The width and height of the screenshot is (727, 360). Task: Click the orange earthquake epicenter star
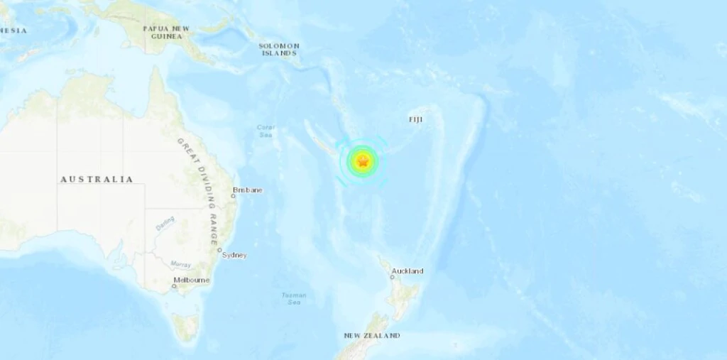coord(362,162)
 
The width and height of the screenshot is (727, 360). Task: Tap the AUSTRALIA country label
coord(96,180)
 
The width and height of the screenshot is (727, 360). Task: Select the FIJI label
coord(415,119)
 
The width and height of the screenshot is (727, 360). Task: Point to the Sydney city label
coord(235,255)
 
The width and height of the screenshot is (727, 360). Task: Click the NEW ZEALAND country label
coord(371,335)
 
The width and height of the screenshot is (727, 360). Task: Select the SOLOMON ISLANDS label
coord(279,49)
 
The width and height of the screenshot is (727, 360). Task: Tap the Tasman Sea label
coord(293,298)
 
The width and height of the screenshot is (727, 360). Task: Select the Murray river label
coord(180,264)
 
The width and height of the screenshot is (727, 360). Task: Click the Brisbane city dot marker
coord(234,196)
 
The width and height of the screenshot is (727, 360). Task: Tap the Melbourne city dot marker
coord(174,286)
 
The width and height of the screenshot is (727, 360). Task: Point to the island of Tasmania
coord(186,326)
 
